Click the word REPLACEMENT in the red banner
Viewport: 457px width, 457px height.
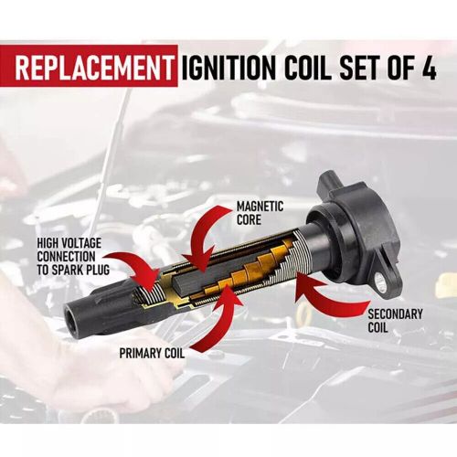[92, 68]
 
